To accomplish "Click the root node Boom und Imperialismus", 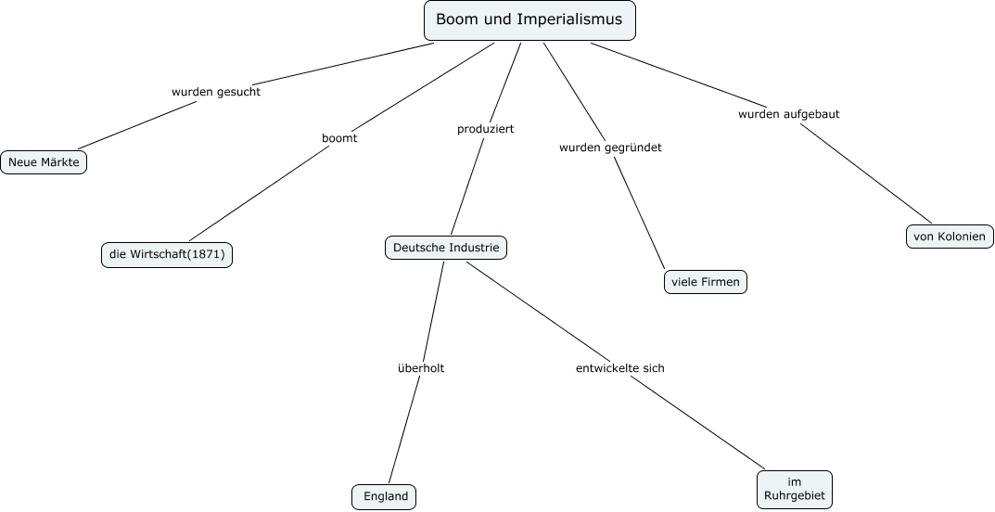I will [x=529, y=20].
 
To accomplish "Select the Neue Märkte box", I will [x=44, y=162].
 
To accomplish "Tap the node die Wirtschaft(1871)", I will [x=167, y=254].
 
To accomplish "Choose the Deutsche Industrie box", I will [x=446, y=248].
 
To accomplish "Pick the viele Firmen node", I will [x=705, y=282].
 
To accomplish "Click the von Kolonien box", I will [x=950, y=237].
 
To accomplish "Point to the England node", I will [x=385, y=496].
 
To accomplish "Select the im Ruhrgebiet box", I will [x=794, y=489].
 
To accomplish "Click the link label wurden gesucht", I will [x=216, y=92].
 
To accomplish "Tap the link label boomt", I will [x=339, y=138].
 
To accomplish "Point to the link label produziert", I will [x=485, y=129].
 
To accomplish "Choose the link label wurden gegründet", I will [x=610, y=147].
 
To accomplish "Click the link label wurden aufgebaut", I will [x=789, y=114].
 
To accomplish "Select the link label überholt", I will [x=421, y=368].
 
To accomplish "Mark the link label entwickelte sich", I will [x=620, y=368].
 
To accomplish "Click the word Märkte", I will [x=58, y=162].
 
